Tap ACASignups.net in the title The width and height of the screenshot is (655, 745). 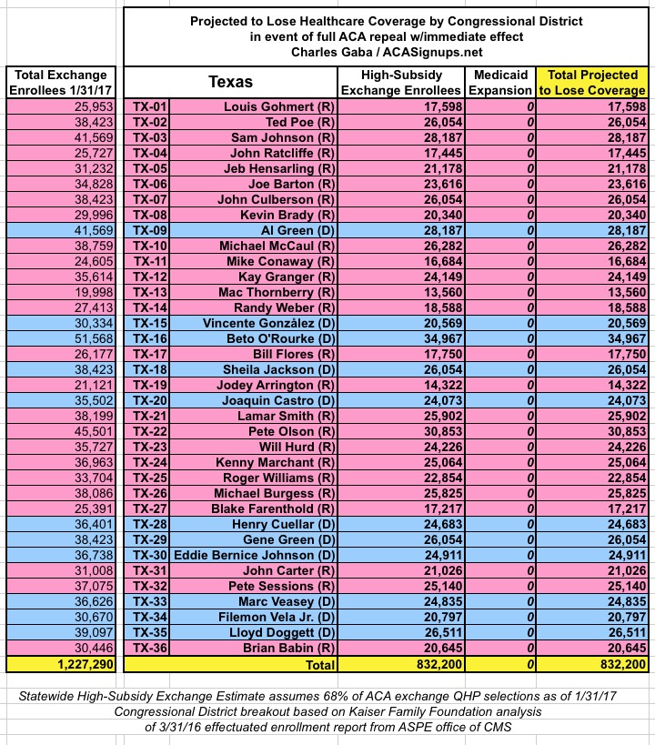(x=428, y=52)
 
